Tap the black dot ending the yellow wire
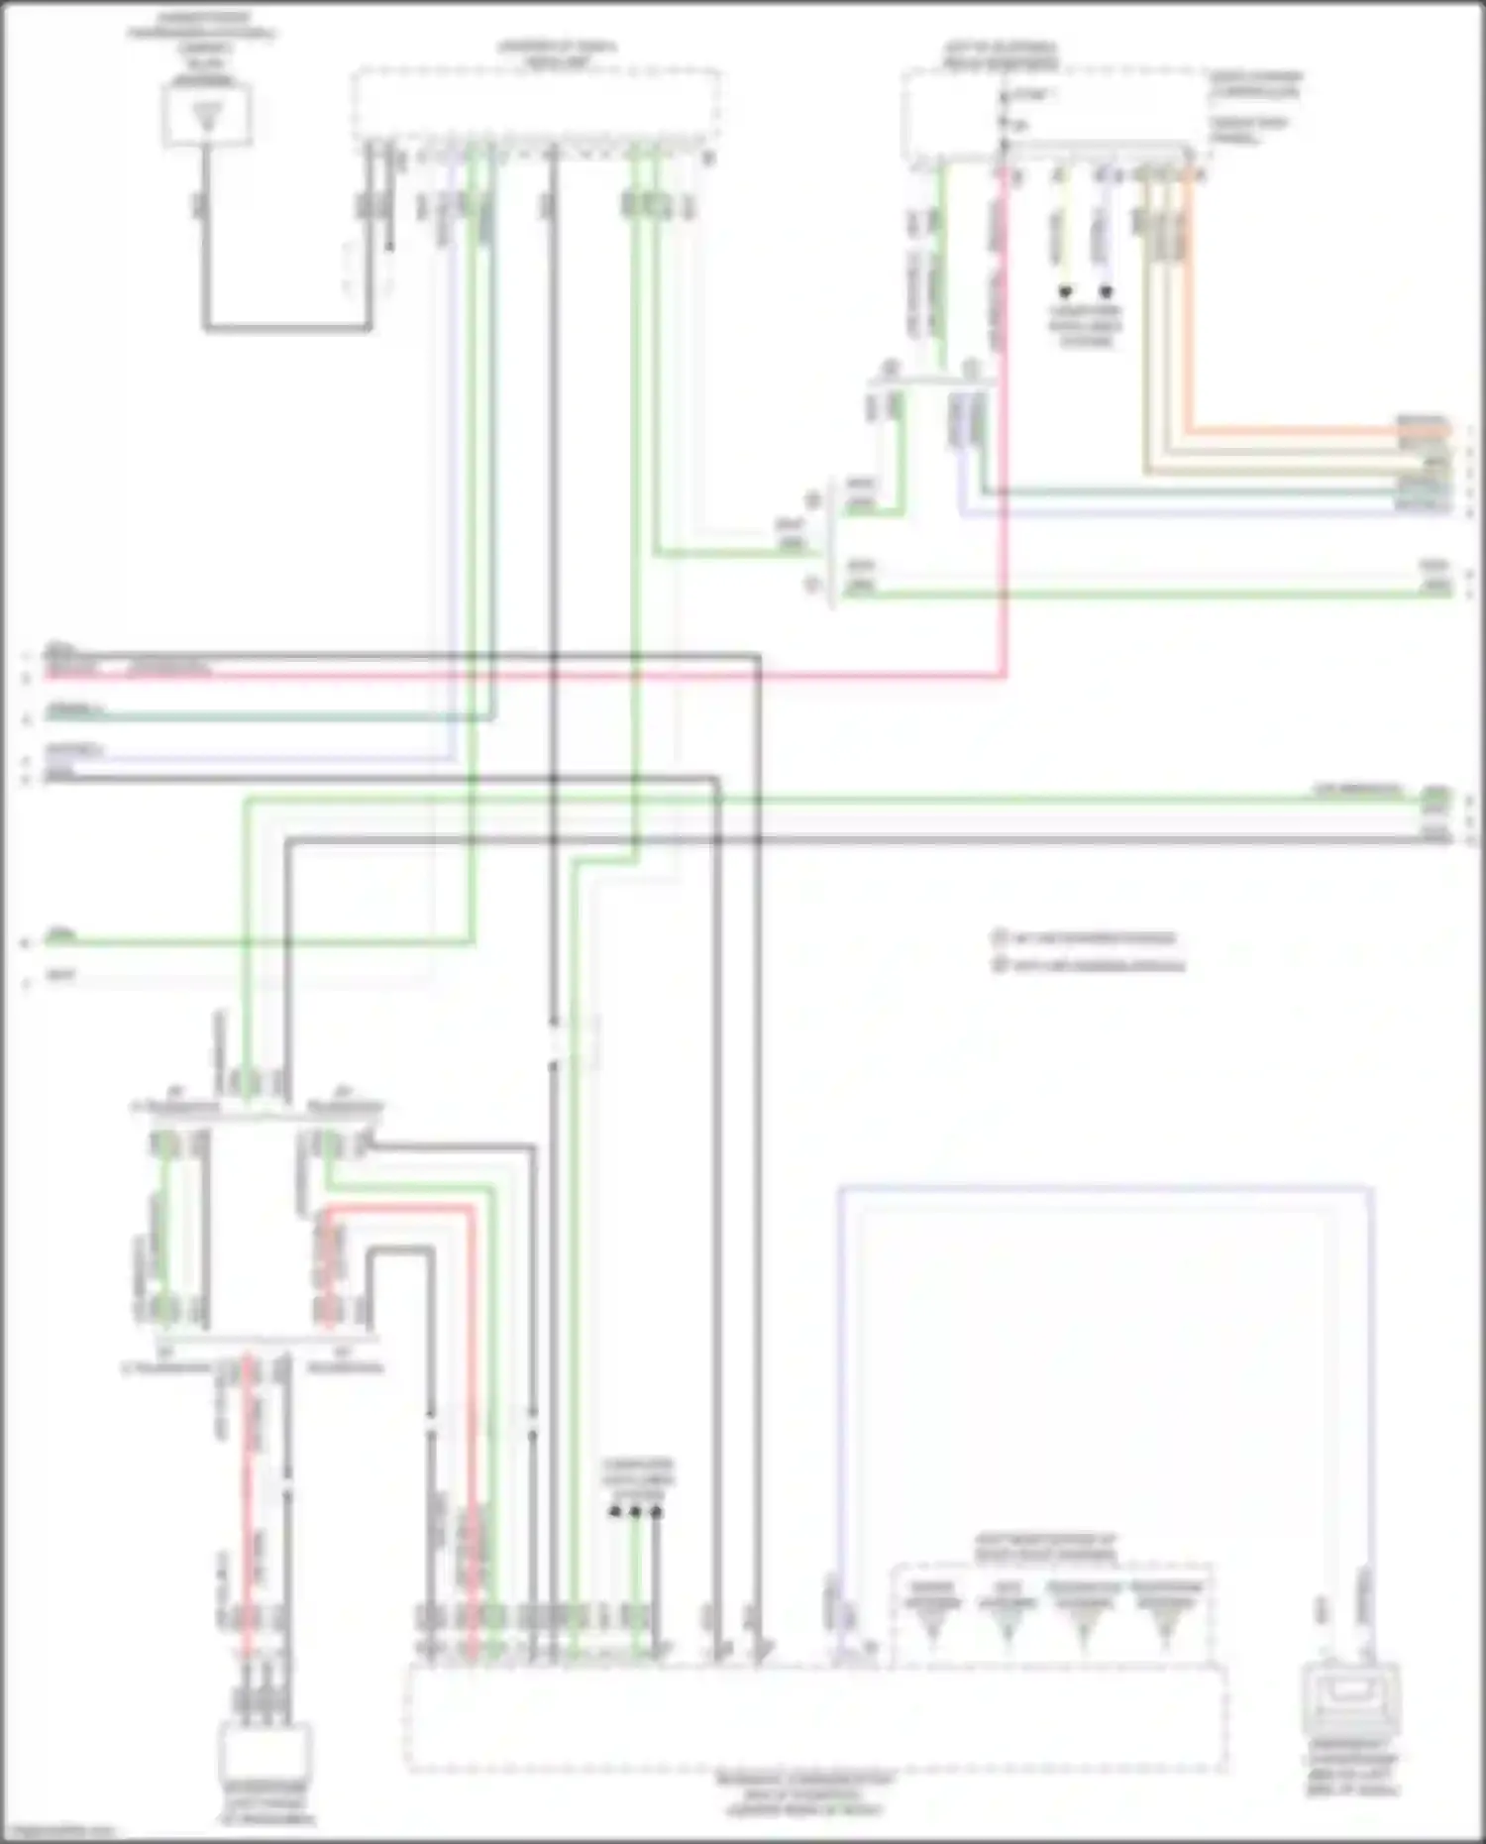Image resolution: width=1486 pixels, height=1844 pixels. click(x=1065, y=292)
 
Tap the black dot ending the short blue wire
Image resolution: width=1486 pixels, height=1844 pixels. click(x=1106, y=292)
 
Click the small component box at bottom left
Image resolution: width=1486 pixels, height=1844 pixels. click(x=265, y=1752)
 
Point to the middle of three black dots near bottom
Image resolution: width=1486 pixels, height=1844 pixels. click(x=635, y=1512)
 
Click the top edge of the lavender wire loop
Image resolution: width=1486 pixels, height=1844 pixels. click(x=1105, y=1186)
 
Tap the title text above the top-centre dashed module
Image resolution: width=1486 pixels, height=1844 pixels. click(x=555, y=53)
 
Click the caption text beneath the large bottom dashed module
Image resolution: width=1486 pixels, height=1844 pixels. click(x=804, y=1793)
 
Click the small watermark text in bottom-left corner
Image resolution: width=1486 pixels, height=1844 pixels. click(x=59, y=1831)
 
